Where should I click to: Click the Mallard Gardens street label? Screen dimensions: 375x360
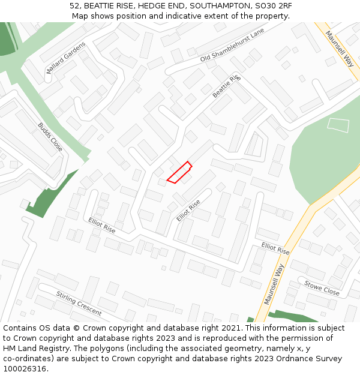click(x=66, y=58)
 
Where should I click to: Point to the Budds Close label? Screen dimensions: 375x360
click(x=50, y=137)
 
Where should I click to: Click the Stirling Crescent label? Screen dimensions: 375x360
click(x=79, y=303)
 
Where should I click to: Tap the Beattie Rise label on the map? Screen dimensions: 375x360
click(x=226, y=86)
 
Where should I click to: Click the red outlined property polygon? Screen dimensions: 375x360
click(x=179, y=173)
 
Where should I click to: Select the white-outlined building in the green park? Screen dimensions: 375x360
click(x=338, y=125)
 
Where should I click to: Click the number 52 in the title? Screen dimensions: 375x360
click(x=74, y=6)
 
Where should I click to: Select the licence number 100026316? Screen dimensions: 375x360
click(x=25, y=369)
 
